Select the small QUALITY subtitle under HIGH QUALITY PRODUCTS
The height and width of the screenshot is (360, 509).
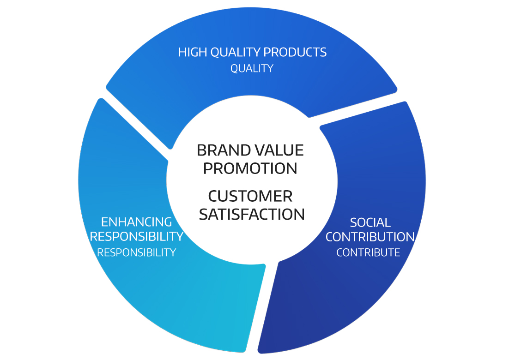252,68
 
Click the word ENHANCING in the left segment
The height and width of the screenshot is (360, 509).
136,222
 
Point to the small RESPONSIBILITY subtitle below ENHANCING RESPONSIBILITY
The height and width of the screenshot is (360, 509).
136,252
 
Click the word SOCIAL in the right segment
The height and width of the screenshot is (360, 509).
370,222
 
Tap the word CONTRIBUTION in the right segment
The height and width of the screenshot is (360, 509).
370,237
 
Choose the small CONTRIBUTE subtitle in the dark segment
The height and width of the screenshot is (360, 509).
368,252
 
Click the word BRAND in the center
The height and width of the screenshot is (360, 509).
224,150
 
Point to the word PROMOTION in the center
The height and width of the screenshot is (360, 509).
250,168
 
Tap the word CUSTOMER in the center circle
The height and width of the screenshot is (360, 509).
250,196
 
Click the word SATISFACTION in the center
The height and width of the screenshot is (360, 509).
252,214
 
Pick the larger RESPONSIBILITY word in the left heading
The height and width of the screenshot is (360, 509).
137,236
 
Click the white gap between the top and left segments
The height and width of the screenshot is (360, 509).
136,123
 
